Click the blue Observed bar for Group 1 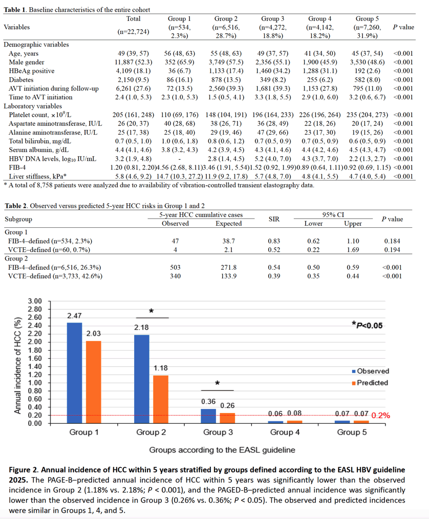point(74,373)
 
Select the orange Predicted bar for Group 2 point(161,399)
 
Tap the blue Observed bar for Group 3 point(208,416)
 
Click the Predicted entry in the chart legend point(370,383)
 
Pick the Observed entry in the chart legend point(371,371)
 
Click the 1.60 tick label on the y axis point(35,358)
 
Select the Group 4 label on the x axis point(285,432)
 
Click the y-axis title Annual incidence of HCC point(18,365)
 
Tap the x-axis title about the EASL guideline point(222,450)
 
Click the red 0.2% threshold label point(381,416)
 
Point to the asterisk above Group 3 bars point(217,383)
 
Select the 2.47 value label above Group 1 point(74,316)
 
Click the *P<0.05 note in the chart point(367,326)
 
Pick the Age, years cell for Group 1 point(179,53)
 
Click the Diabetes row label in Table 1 point(21,79)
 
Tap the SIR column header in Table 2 point(274,219)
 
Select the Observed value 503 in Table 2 point(175,267)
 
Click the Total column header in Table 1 point(134,19)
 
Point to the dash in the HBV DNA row point(179,159)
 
